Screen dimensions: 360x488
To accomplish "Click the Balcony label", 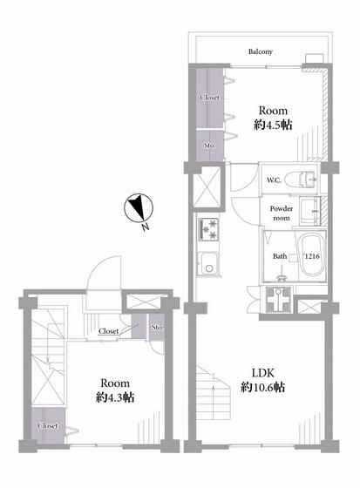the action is pyautogui.click(x=261, y=51).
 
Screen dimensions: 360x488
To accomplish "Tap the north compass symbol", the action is pyautogui.click(x=139, y=208).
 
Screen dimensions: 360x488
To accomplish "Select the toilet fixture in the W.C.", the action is pyautogui.click(x=301, y=180).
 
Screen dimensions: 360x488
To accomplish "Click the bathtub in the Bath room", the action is pyautogui.click(x=311, y=256).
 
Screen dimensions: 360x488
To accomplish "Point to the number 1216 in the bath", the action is pyautogui.click(x=312, y=256).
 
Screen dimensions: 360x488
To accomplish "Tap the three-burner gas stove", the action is pyautogui.click(x=208, y=229).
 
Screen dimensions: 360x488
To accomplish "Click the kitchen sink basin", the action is pyautogui.click(x=208, y=263).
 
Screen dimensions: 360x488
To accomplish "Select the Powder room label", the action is pyautogui.click(x=282, y=213).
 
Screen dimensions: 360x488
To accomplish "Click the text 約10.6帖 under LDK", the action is pyautogui.click(x=263, y=388).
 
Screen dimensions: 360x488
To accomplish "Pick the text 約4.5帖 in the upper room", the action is pyautogui.click(x=273, y=125).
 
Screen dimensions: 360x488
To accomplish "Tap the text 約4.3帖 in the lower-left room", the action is pyautogui.click(x=115, y=397).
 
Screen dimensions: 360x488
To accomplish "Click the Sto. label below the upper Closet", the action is pyautogui.click(x=209, y=146).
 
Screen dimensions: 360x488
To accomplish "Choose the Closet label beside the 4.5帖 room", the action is pyautogui.click(x=209, y=98).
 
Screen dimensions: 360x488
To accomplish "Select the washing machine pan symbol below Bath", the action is pyautogui.click(x=278, y=299).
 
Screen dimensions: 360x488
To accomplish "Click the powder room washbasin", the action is pyautogui.click(x=309, y=211).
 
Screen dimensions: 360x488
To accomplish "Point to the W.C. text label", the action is pyautogui.click(x=274, y=180).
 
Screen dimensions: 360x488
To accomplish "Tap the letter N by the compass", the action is pyautogui.click(x=145, y=227).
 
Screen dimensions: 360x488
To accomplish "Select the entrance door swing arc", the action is pyautogui.click(x=103, y=272).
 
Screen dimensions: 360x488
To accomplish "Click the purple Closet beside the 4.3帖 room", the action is pyautogui.click(x=48, y=425).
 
